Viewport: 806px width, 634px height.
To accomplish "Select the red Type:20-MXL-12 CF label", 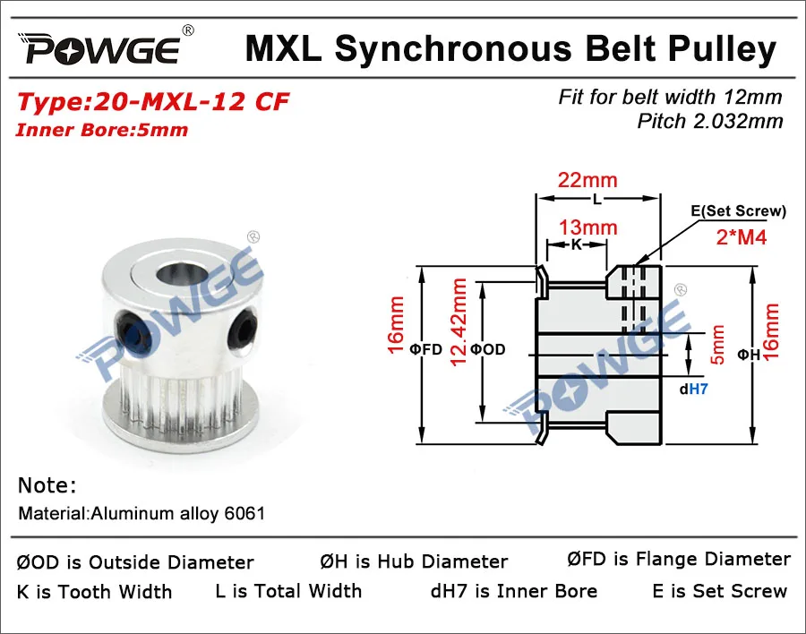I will [153, 101].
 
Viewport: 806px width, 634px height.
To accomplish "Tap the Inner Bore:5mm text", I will [102, 130].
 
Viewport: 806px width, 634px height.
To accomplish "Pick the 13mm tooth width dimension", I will [588, 227].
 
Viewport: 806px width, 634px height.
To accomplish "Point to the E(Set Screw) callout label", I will [739, 212].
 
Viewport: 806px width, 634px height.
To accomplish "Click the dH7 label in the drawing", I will [694, 390].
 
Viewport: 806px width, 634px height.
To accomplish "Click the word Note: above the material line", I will [47, 486].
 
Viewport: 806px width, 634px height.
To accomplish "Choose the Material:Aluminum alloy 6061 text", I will [141, 514].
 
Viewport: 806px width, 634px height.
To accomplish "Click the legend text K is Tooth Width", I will [95, 592].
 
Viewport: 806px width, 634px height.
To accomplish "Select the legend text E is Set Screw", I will [720, 591].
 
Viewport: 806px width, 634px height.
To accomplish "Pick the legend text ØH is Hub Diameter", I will [414, 562].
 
